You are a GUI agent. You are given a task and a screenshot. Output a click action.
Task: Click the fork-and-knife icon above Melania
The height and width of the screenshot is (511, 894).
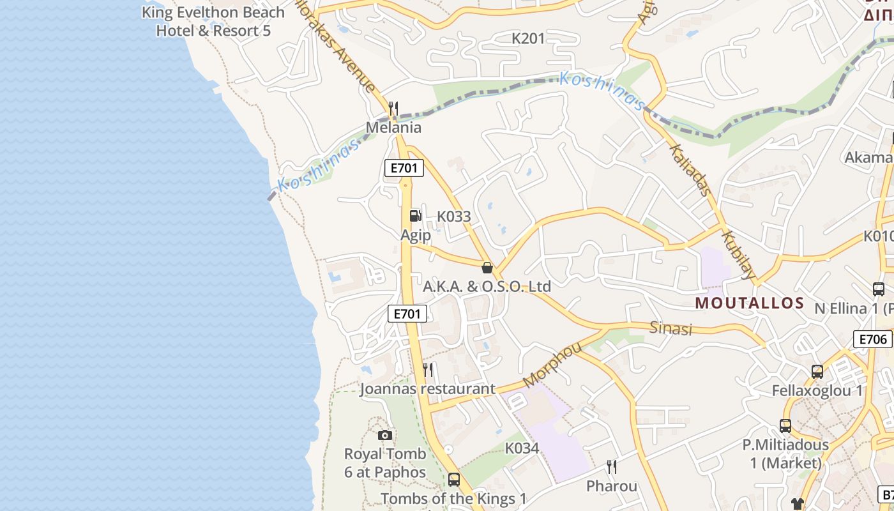(x=393, y=108)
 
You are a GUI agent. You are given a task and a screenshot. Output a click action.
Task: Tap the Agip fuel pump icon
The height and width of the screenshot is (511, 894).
(x=415, y=216)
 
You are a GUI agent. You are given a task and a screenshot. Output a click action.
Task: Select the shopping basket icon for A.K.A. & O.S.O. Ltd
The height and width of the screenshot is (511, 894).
(x=487, y=267)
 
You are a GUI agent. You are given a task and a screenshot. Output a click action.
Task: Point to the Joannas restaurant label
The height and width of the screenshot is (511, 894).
(x=427, y=388)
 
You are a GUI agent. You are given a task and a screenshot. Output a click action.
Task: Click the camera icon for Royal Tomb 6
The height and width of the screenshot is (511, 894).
(x=384, y=435)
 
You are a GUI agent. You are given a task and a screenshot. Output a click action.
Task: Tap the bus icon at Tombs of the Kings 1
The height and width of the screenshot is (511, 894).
(x=453, y=478)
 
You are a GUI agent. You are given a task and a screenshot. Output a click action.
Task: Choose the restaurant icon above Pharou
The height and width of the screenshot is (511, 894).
(x=612, y=467)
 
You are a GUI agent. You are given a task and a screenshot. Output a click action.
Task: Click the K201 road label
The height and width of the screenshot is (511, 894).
(x=528, y=38)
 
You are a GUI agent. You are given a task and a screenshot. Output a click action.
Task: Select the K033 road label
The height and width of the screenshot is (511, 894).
(x=453, y=216)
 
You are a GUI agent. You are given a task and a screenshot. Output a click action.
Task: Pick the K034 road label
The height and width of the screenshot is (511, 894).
(x=522, y=448)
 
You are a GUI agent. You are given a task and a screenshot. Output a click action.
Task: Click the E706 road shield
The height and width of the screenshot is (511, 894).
(x=872, y=339)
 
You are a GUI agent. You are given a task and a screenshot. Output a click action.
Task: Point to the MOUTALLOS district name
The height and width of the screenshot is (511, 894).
(x=749, y=303)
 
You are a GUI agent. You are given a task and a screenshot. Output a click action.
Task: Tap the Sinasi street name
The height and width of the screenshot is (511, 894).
(x=670, y=328)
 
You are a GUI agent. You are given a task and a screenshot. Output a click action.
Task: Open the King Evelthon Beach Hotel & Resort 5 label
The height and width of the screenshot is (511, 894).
(x=213, y=21)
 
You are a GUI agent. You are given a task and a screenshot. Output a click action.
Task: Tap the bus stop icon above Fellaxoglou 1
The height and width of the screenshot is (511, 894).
(x=817, y=371)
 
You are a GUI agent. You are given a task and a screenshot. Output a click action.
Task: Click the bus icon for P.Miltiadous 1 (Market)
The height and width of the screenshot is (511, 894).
(x=785, y=425)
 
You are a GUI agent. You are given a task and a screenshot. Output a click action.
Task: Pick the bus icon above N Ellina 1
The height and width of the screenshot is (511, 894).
(x=878, y=289)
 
